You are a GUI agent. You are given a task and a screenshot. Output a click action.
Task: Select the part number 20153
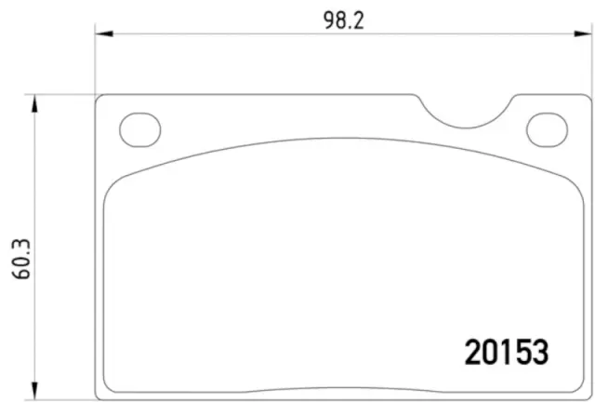507,351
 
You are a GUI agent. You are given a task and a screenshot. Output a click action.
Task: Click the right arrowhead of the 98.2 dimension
583,34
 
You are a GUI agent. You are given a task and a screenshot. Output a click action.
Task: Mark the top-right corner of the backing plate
586,98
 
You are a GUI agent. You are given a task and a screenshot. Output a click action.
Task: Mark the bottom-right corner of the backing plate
586,389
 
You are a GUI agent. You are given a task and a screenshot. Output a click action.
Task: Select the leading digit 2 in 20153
472,351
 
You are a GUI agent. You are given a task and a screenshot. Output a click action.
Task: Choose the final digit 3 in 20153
541,351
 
